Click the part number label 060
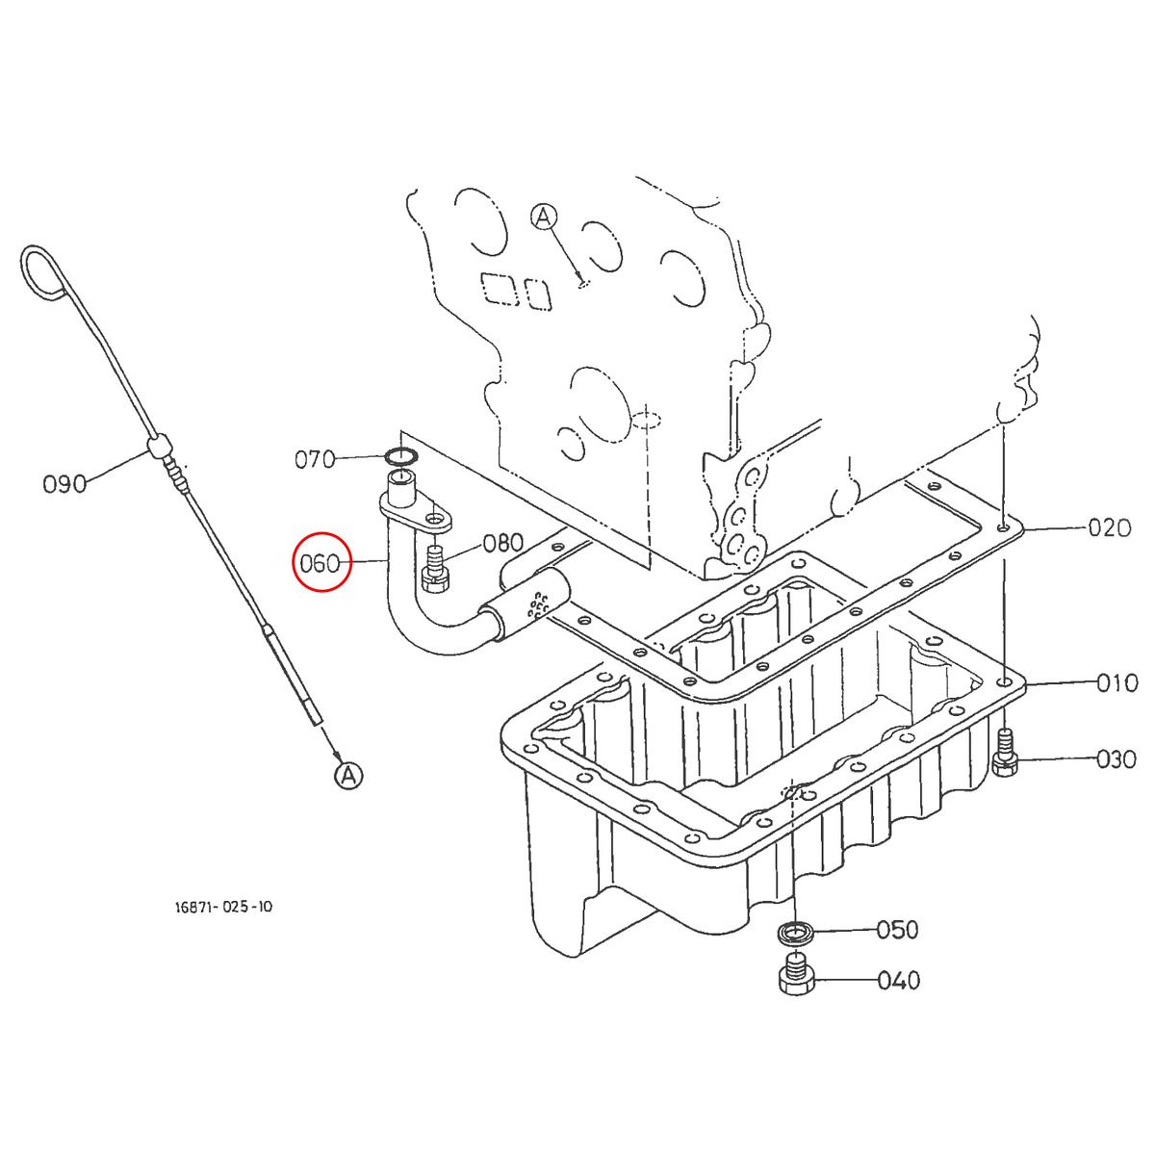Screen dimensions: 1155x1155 point(321,563)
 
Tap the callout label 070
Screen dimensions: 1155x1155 point(315,459)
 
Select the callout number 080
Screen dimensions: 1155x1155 point(502,542)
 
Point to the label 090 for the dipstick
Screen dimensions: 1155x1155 point(64,483)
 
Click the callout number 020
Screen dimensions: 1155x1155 point(1109,527)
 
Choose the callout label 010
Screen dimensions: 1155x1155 point(1117,683)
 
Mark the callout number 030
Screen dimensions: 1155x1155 point(1116,759)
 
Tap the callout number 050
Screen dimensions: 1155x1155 point(897,930)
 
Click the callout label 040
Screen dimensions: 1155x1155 point(899,981)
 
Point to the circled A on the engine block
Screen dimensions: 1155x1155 point(544,218)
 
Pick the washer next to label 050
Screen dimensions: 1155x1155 point(796,932)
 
